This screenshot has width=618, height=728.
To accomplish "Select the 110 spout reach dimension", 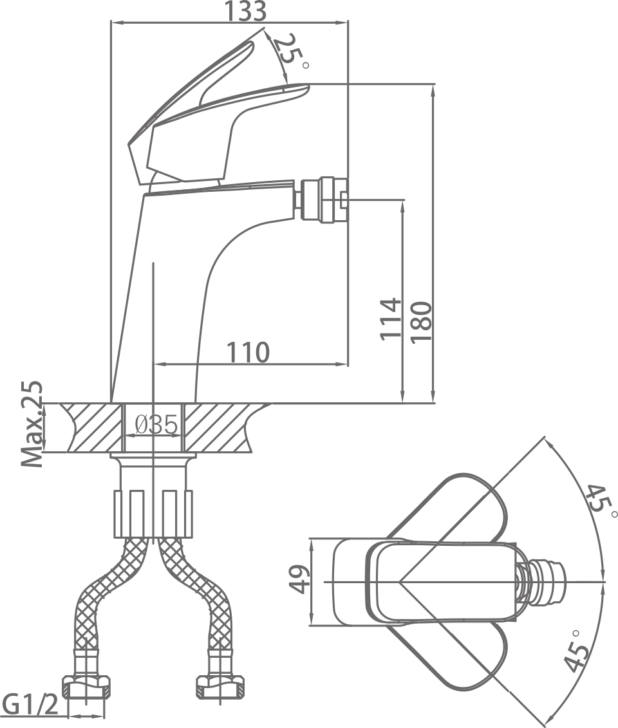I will coord(247,352).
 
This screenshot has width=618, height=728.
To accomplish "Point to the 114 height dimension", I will coord(389,319).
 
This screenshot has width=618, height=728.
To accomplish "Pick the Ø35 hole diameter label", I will coord(156,425).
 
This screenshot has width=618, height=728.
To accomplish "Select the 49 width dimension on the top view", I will coord(298,581).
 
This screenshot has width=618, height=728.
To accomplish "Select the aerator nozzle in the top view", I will coord(547,582).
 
